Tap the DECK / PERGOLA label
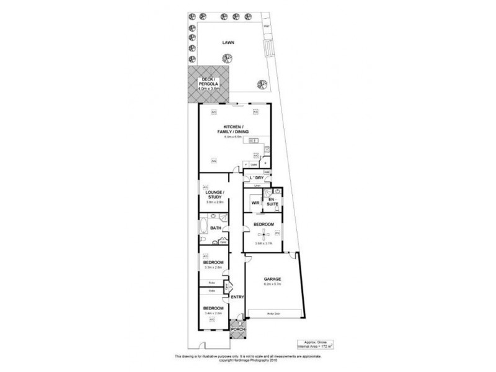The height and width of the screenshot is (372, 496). pos(209,83)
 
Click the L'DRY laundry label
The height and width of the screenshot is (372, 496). pos(257,178)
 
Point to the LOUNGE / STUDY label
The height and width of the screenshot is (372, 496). pos(213,195)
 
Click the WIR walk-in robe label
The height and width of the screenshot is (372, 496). pos(255,203)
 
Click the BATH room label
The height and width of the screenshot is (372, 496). pos(216,228)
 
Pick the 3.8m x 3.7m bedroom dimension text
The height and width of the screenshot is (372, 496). pos(263,244)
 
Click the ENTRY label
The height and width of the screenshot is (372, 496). pos(237,297)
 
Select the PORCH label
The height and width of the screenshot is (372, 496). pos(238,329)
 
